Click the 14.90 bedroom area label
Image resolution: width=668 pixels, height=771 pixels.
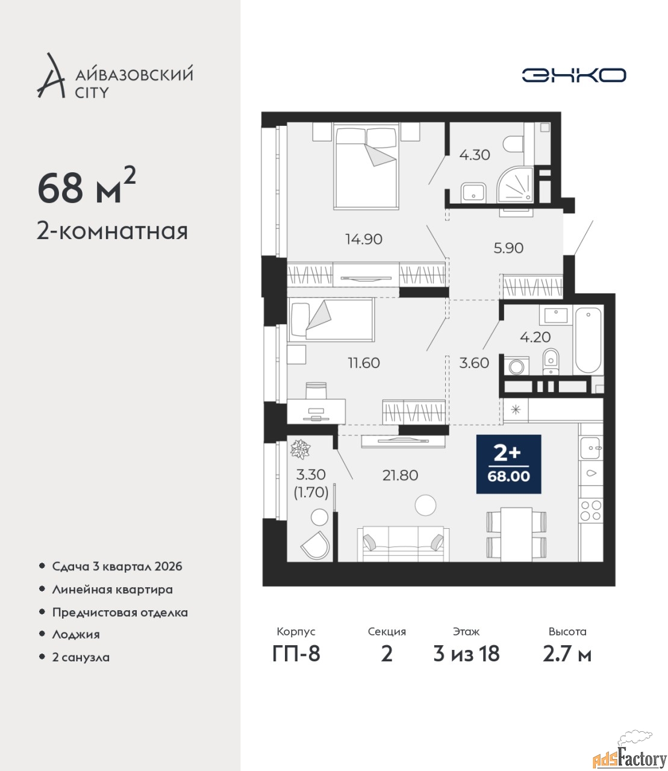[364, 239]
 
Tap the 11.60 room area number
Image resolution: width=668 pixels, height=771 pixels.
[364, 363]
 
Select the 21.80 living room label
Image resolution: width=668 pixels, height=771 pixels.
[400, 475]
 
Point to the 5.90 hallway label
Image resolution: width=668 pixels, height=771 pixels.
[508, 248]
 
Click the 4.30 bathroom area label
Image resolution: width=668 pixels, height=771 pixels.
[475, 155]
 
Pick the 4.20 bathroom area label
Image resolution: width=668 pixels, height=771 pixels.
[535, 337]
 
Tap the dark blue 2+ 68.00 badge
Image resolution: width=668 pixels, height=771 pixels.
[509, 464]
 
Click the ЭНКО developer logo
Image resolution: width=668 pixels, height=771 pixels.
[573, 75]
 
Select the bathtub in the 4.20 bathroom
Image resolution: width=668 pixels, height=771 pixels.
[588, 340]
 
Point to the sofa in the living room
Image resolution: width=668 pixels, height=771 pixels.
[403, 543]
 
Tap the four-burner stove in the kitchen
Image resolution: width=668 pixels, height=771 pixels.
[591, 511]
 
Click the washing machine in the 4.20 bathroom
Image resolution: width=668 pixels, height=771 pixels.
[516, 366]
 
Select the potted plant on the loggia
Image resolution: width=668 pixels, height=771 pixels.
[301, 449]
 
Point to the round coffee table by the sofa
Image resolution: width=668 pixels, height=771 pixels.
[426, 505]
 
